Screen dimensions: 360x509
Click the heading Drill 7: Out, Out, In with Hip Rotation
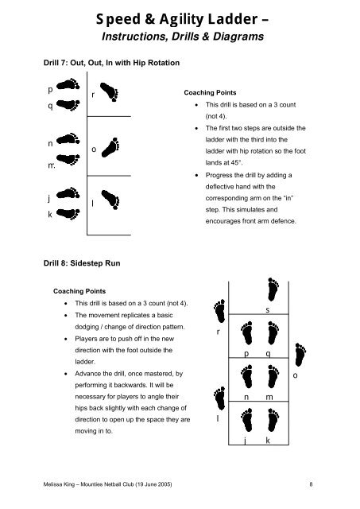pos(111,63)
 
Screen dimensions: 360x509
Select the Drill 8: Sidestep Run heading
pos(82,263)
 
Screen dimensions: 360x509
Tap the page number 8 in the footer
pos(311,484)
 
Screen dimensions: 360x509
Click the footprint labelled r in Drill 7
pos(110,92)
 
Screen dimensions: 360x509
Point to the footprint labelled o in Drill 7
pos(110,147)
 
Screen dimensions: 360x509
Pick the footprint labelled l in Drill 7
pos(110,200)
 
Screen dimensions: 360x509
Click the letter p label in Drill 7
pos(50,90)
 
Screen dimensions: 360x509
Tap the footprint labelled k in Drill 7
pos(68,214)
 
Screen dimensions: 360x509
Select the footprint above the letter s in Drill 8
pos(273,289)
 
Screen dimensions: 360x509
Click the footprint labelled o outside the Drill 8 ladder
pos(300,355)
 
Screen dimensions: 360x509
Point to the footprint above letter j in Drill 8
pos(247,420)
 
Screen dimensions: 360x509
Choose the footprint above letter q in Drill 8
pos(273,332)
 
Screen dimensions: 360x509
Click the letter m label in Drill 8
pos(269,397)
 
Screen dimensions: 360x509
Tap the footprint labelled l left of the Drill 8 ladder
pos(219,398)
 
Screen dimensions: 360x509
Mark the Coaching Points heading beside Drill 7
pos(210,92)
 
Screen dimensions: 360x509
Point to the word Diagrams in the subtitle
pos(238,37)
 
